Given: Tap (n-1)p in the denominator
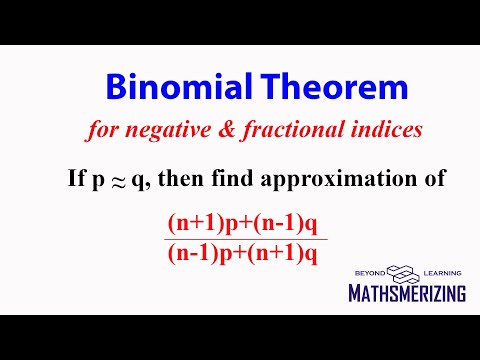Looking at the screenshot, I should point(200,253).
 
